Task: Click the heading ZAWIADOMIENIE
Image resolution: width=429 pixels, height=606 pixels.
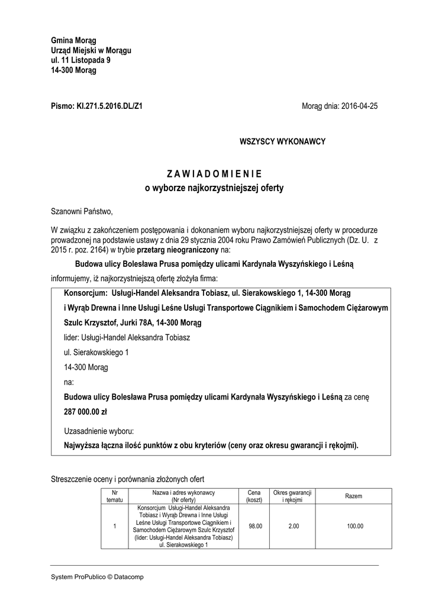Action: [214, 174]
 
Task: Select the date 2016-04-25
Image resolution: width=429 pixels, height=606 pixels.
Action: [357, 107]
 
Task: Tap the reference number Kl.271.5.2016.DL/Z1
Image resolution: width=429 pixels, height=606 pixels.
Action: [109, 107]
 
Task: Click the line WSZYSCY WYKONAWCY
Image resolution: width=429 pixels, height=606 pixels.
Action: [282, 141]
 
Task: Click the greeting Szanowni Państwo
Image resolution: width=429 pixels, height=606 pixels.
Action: [81, 211]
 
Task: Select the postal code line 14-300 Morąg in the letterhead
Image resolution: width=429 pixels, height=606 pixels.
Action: [73, 70]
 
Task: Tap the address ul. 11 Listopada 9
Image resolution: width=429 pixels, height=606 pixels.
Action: [80, 60]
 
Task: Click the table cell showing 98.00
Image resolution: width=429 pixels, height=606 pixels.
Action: [255, 526]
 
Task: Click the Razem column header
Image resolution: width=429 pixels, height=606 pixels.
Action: [354, 496]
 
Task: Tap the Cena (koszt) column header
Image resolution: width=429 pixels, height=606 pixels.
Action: [254, 496]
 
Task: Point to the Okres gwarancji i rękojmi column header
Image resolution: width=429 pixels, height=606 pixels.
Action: [293, 496]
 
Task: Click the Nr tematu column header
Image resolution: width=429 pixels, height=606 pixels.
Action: [114, 496]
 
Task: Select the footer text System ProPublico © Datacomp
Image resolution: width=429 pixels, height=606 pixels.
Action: [97, 576]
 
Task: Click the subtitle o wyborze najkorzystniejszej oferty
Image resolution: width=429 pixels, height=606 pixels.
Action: [214, 189]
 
